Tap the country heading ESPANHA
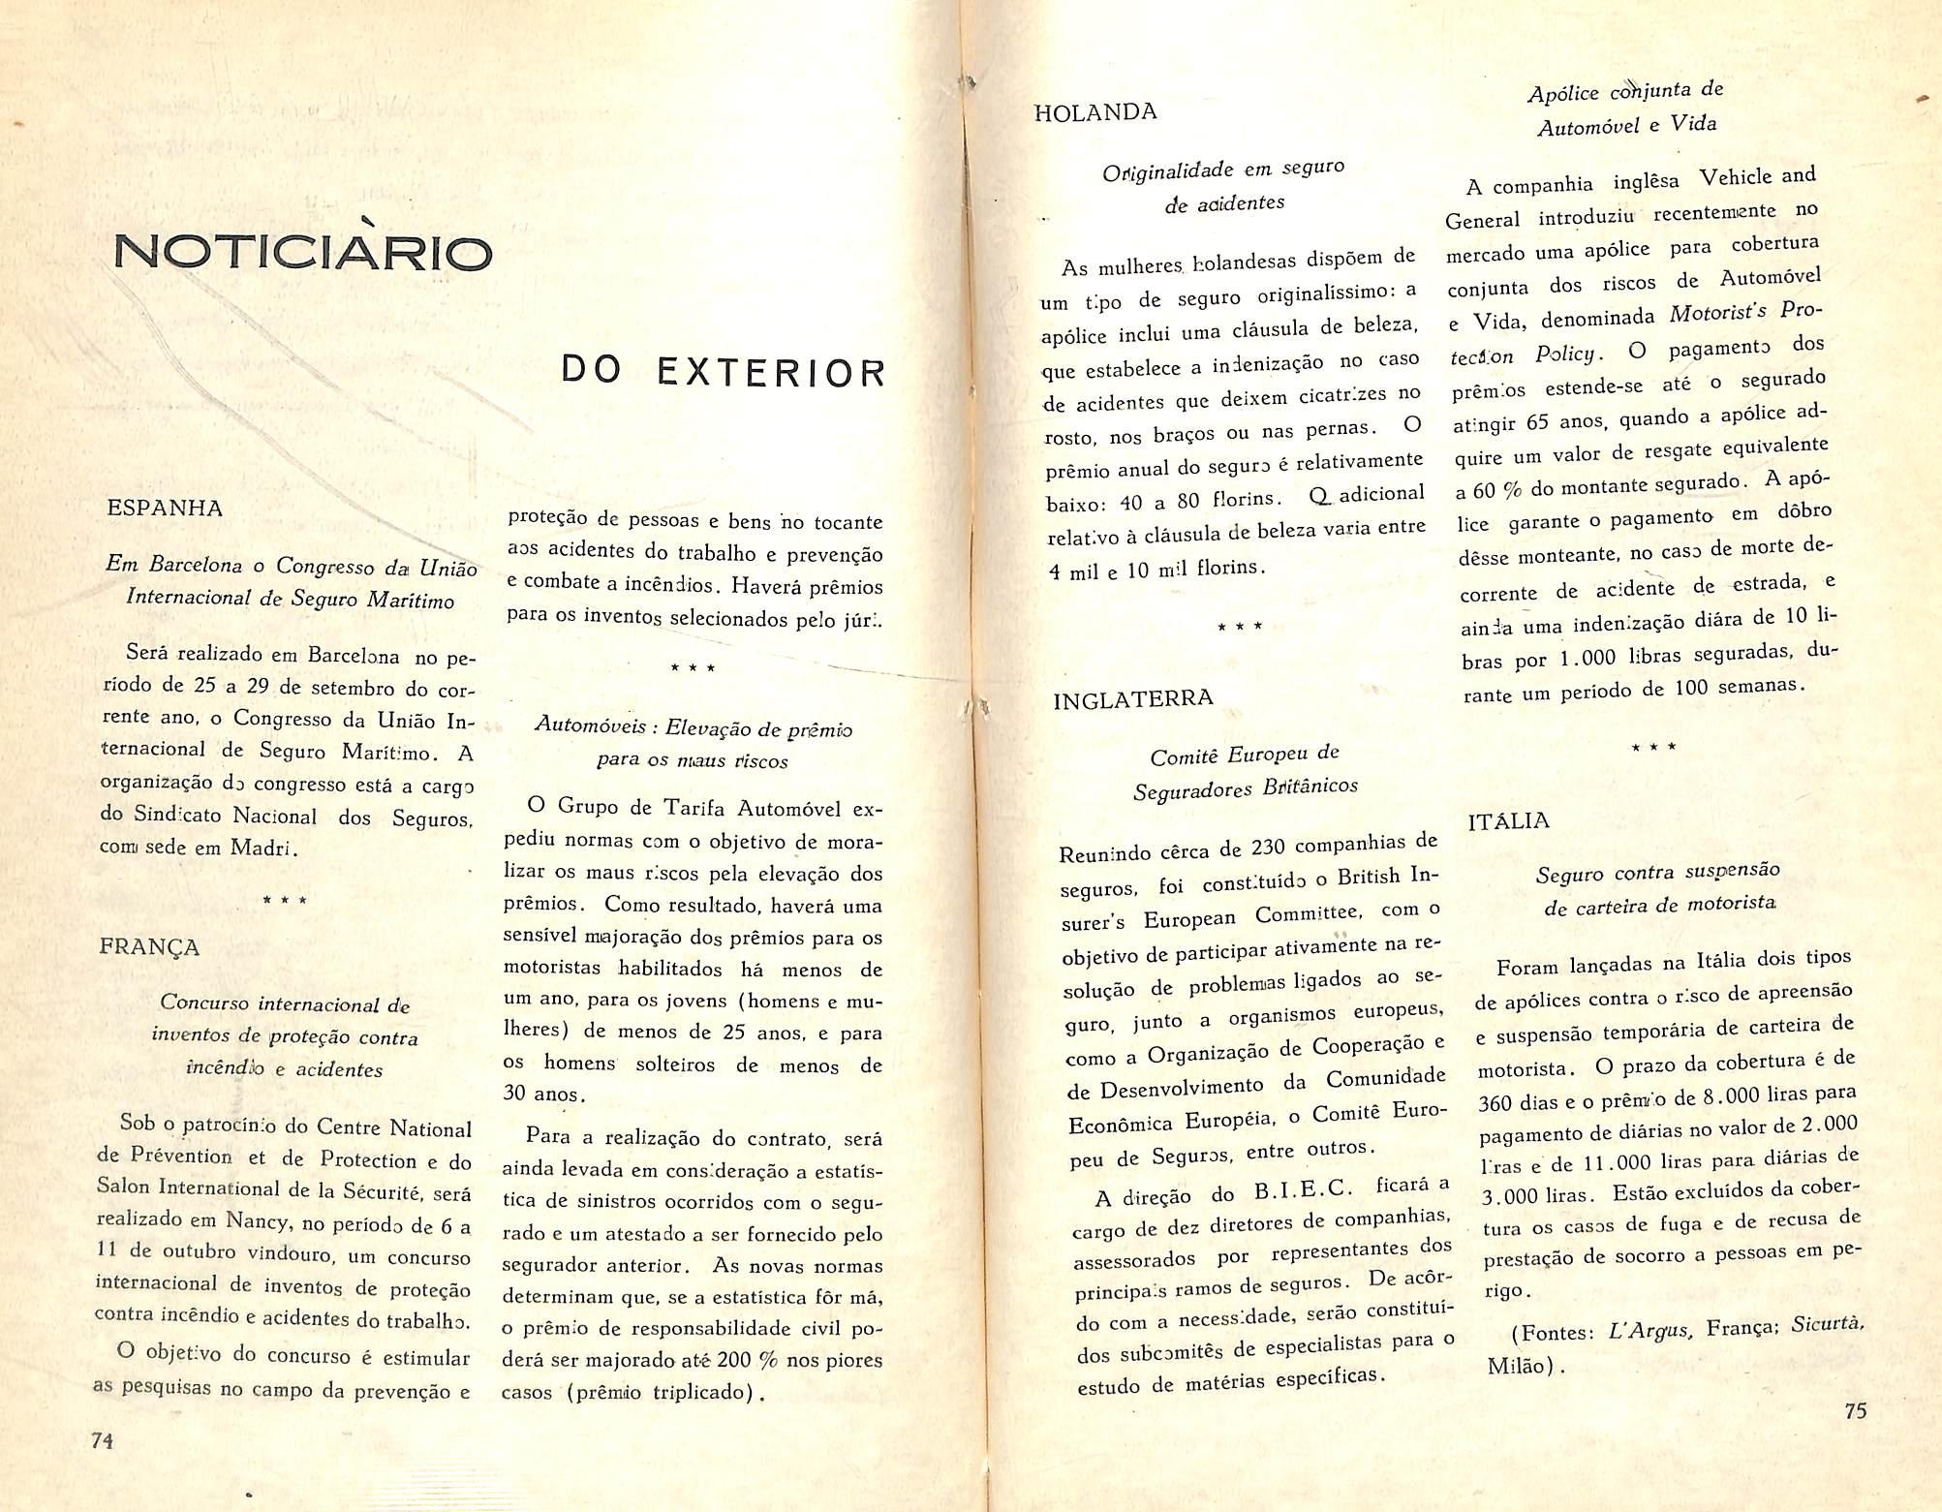(x=165, y=509)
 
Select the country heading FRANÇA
(x=149, y=946)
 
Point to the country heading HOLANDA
(x=1094, y=112)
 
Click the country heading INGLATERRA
(x=1132, y=699)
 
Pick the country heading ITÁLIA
(x=1508, y=821)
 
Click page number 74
(x=103, y=1439)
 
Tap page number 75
(x=1855, y=1410)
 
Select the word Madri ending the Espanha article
(x=261, y=849)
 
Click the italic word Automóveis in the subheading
(x=584, y=726)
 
